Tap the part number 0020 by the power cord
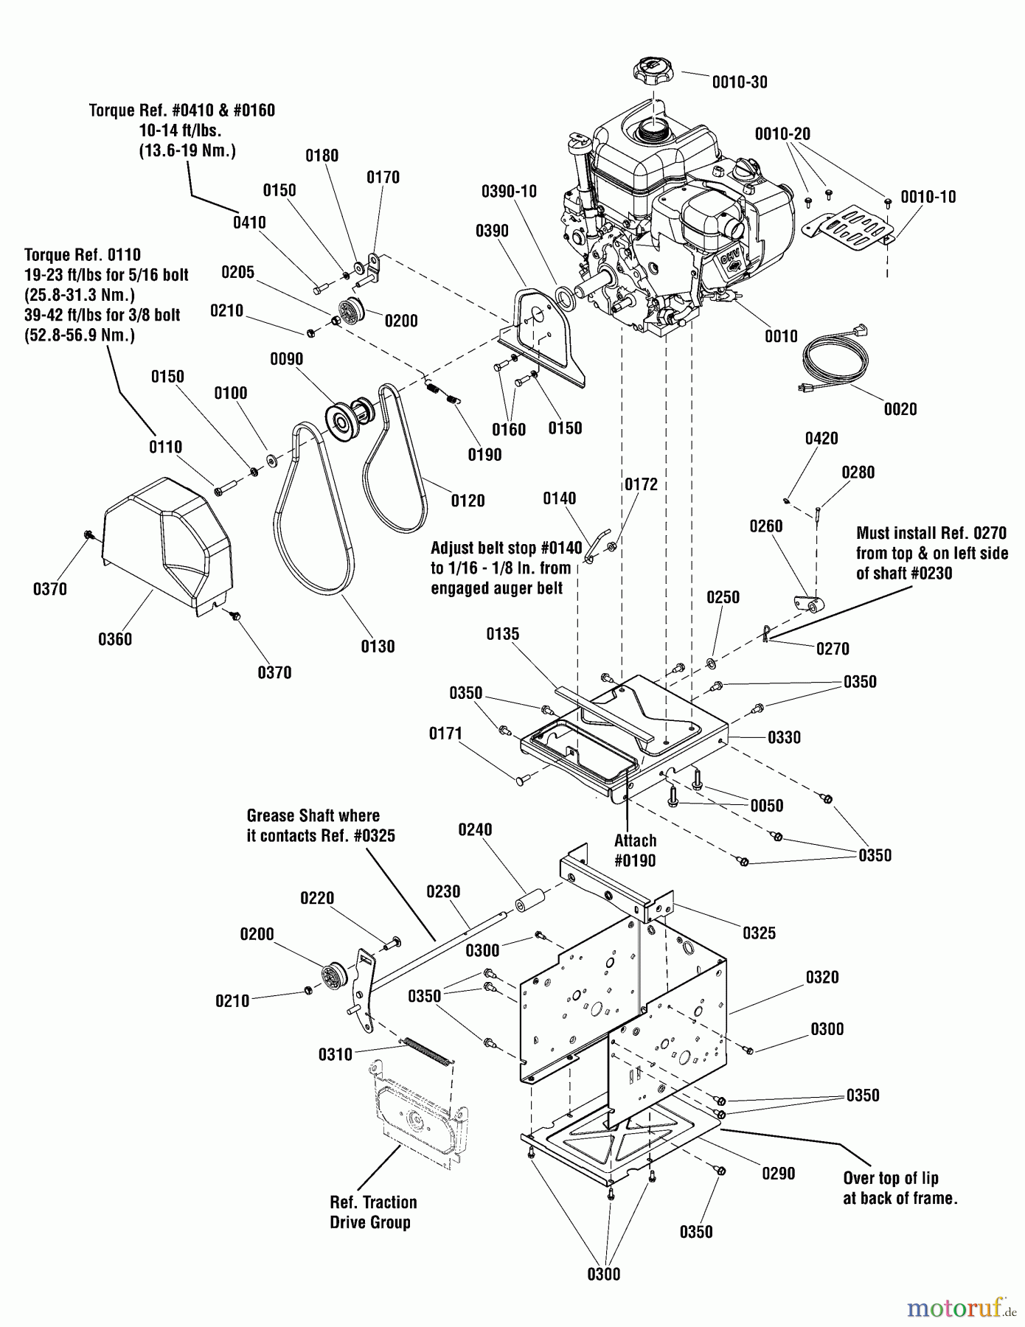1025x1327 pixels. (x=900, y=409)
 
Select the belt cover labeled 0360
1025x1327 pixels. (x=168, y=546)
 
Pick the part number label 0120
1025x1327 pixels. (x=468, y=501)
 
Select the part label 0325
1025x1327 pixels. (x=759, y=933)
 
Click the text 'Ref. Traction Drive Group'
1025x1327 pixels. (x=373, y=1212)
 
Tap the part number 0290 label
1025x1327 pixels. (x=778, y=1173)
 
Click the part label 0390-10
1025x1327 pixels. (x=509, y=192)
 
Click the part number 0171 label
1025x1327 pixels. (x=445, y=734)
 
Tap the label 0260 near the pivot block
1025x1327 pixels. (x=765, y=526)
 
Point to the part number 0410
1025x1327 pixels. (x=249, y=223)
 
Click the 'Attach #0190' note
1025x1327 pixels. (x=635, y=850)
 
